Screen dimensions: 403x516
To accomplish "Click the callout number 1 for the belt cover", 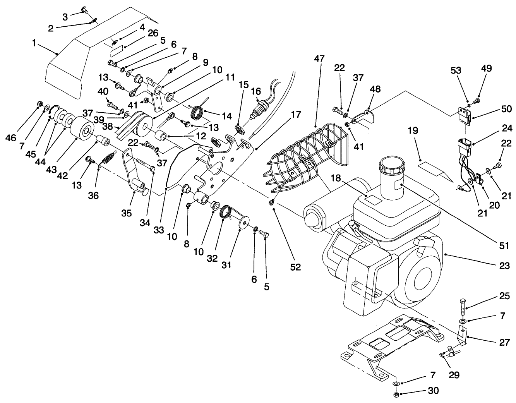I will point(34,43).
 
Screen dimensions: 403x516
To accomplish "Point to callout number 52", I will point(295,267).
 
